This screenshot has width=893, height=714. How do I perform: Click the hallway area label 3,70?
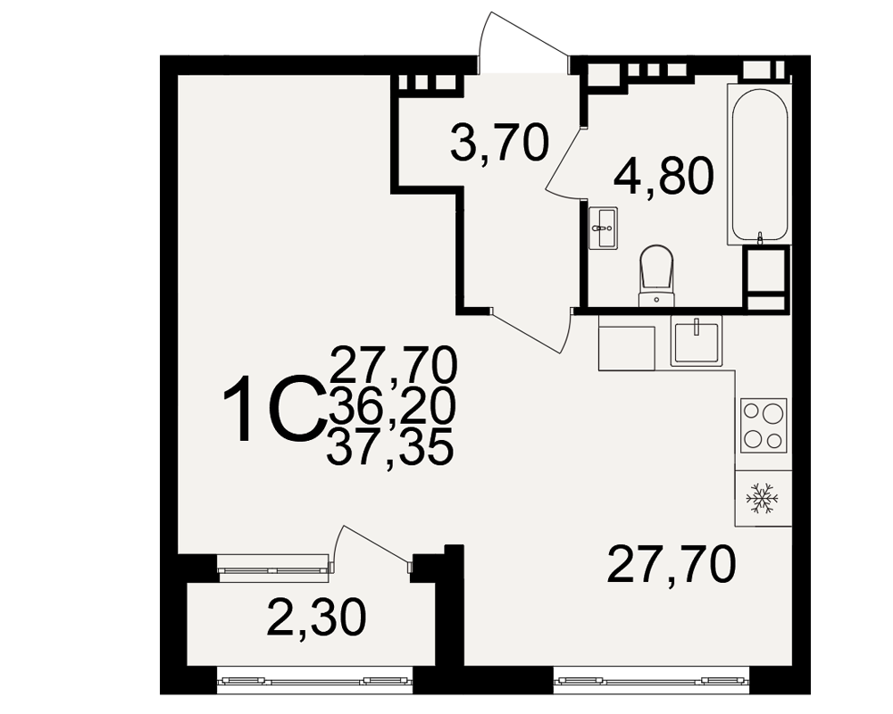pos(499,144)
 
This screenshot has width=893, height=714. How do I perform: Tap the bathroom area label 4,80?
pos(663,175)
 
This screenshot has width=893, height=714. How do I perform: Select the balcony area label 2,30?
pos(316,619)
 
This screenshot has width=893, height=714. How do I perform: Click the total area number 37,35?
pos(390,447)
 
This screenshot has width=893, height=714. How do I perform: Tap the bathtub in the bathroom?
pos(759,164)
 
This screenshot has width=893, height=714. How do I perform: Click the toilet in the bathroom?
pos(656,276)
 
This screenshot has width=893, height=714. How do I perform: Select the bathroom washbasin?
pos(603,228)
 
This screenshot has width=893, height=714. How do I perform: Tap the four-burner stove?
pos(764,426)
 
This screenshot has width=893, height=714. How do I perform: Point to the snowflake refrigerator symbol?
pos(763,499)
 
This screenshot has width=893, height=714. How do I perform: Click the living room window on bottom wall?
pos(652,680)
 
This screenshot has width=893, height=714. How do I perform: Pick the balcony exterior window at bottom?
pos(315,680)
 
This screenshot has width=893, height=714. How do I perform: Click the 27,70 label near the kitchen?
pos(672,564)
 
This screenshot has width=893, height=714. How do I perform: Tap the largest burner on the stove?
pos(772,411)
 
